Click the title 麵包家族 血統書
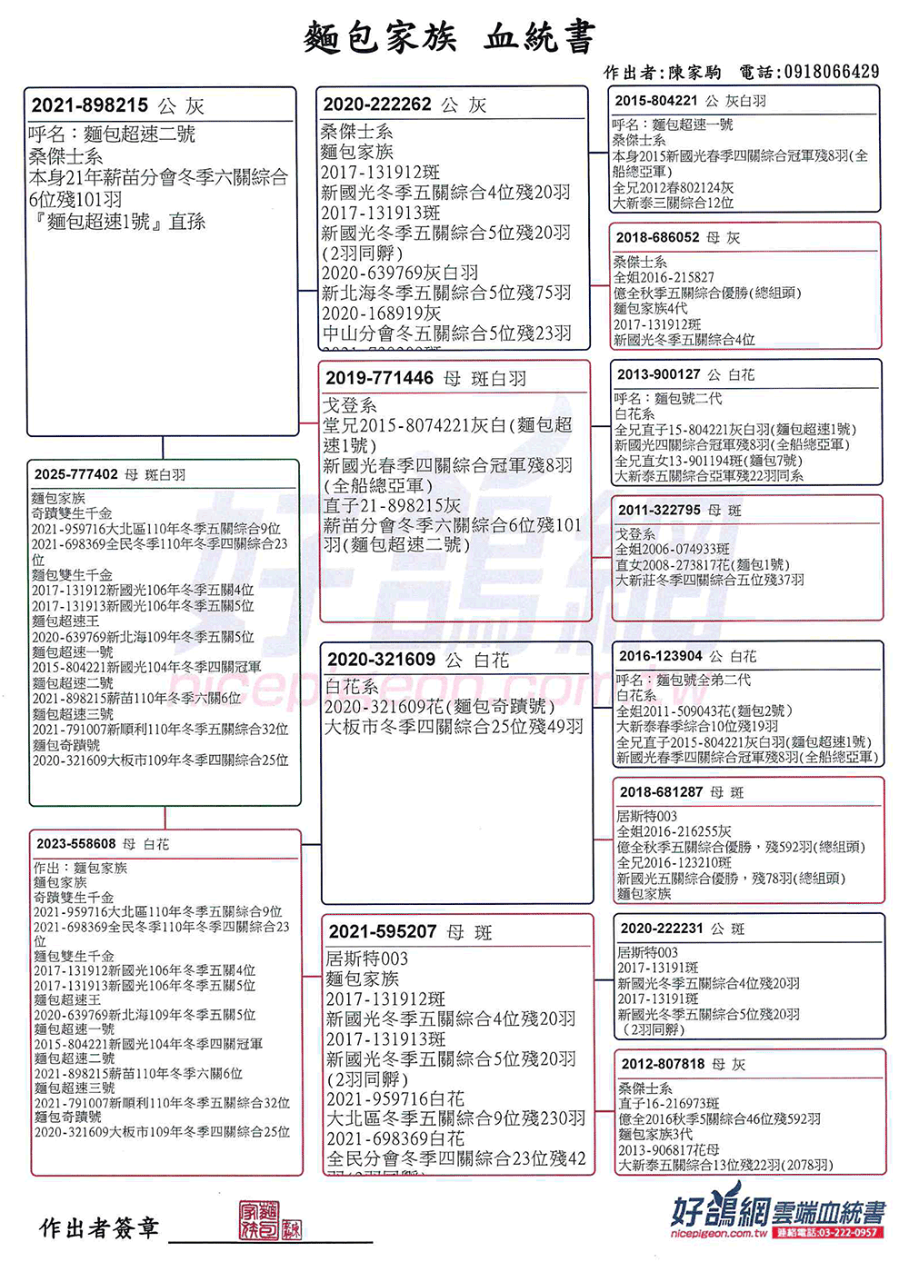click(449, 38)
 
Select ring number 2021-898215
click(89, 105)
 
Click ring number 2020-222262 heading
click(377, 104)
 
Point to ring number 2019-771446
click(379, 378)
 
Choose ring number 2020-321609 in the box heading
click(381, 660)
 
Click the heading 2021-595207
click(383, 931)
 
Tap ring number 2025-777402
click(76, 474)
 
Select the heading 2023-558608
click(75, 843)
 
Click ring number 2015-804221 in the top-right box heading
click(655, 101)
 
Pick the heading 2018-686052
click(657, 237)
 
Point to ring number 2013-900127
click(659, 374)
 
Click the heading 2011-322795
click(660, 510)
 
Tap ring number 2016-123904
click(661, 656)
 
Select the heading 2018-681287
click(661, 792)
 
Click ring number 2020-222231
click(662, 928)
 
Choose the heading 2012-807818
click(663, 1064)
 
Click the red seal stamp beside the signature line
click(269, 1220)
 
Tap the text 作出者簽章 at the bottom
click(99, 1228)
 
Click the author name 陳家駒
click(694, 73)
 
